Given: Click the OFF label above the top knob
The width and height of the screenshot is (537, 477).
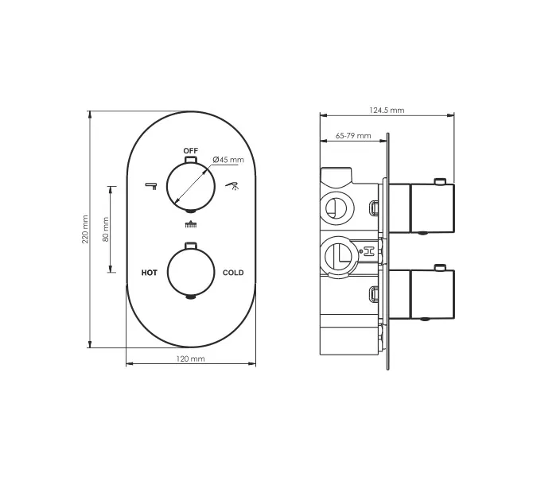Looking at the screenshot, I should [190, 150].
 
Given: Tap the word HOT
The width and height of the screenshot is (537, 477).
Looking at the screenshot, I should [149, 273].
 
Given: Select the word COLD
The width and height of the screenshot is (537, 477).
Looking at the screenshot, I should [233, 273].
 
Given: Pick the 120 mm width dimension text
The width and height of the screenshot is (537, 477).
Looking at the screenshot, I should [190, 360].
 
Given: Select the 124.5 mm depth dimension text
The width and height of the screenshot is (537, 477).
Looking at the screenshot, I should [387, 110].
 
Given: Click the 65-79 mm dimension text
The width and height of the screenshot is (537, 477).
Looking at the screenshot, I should [353, 136].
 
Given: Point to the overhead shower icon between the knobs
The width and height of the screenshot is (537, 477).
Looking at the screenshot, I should [190, 224].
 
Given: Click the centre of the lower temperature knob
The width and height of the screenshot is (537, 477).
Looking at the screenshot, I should [190, 273].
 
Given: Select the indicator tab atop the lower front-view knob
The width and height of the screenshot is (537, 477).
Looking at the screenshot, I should [190, 245].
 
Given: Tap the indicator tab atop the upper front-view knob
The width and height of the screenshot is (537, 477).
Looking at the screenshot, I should [190, 159].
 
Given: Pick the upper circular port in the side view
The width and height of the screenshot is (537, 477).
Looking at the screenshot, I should [337, 208].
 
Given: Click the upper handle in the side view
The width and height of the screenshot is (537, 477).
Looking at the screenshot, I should [430, 208].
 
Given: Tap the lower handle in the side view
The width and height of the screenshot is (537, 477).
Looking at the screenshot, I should [430, 294].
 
